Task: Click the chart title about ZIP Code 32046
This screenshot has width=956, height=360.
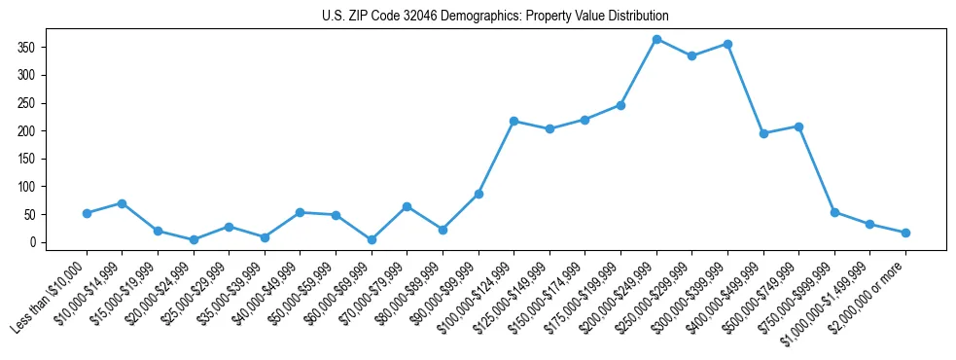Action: click(x=495, y=17)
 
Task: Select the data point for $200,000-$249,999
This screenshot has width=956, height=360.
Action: click(x=656, y=39)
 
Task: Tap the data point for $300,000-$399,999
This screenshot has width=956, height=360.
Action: click(x=727, y=44)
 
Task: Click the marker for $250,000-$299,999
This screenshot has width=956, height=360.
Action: click(x=691, y=55)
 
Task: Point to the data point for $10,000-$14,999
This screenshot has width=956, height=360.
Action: click(x=122, y=203)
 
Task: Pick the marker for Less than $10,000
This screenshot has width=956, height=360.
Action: click(x=87, y=213)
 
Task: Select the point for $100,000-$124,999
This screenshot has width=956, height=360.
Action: click(x=513, y=121)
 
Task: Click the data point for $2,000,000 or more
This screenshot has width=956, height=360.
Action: click(x=905, y=233)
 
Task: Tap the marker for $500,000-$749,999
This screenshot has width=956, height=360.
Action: click(x=798, y=126)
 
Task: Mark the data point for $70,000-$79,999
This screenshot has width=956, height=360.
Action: click(x=407, y=206)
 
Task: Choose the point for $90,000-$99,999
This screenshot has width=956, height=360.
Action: click(x=478, y=194)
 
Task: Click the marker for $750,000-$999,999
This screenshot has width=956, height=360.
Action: click(x=834, y=212)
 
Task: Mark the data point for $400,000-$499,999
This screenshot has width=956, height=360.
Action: click(x=763, y=133)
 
